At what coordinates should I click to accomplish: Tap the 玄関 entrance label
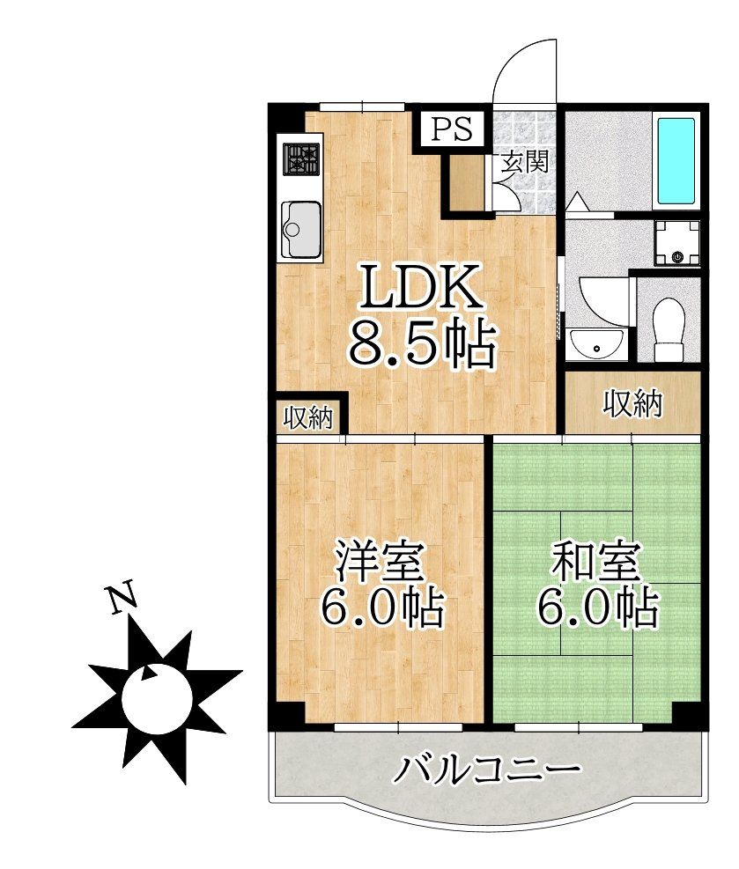click(526, 162)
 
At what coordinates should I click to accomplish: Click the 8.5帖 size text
click(419, 342)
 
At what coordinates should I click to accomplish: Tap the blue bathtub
click(676, 159)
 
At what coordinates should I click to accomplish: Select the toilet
click(670, 323)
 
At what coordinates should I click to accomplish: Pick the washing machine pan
click(676, 243)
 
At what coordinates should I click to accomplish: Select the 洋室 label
click(381, 560)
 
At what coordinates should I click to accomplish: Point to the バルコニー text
click(487, 770)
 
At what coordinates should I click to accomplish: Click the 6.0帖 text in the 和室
click(597, 608)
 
